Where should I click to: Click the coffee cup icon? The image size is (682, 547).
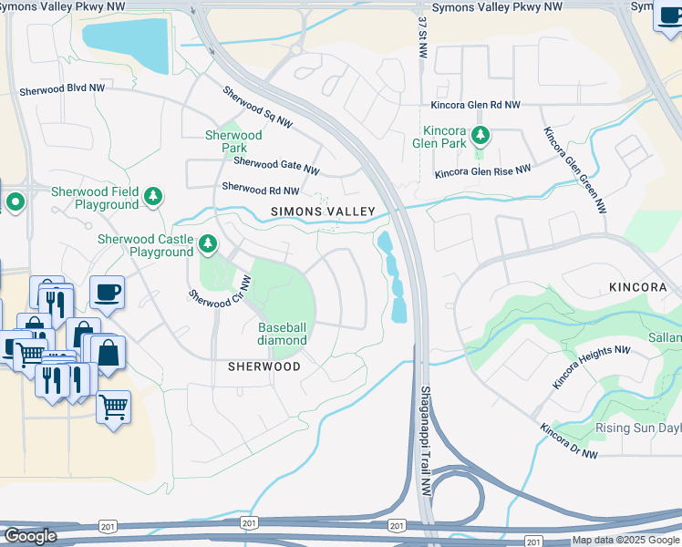(x=108, y=292)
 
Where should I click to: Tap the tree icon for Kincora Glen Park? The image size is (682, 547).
(x=480, y=137)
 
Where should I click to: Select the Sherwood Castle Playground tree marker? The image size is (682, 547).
(x=209, y=243)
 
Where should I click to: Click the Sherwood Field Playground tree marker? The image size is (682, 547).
(x=154, y=196)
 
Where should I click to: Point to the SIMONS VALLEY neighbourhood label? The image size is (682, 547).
(x=323, y=212)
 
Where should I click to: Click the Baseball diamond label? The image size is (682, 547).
(x=283, y=334)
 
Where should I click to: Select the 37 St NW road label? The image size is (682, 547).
(x=422, y=38)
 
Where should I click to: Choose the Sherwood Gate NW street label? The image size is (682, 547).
(x=276, y=166)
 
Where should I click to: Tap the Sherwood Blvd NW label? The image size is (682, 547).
(x=61, y=88)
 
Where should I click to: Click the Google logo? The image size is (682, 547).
(x=30, y=536)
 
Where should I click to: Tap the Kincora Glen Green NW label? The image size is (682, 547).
(x=575, y=170)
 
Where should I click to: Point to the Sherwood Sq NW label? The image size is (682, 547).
(x=257, y=107)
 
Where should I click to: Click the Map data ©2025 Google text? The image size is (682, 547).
(x=625, y=540)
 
